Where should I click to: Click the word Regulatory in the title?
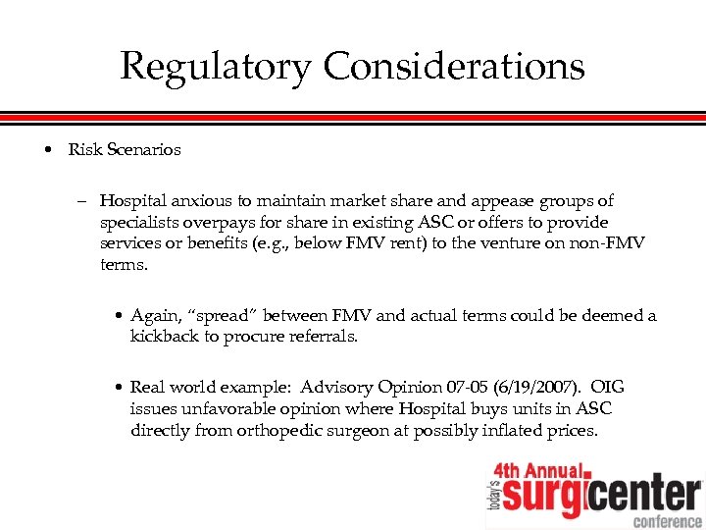(216, 68)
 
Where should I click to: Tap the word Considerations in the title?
(454, 66)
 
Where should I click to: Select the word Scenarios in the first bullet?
(145, 150)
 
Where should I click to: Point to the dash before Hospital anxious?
(84, 201)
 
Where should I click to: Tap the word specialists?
(138, 222)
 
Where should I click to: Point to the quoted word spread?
(208, 316)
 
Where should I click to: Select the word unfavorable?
(222, 408)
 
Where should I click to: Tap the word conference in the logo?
(667, 520)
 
